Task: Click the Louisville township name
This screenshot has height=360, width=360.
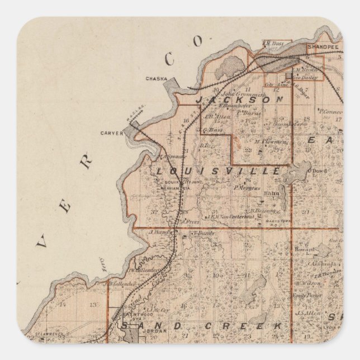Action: [x=218, y=171]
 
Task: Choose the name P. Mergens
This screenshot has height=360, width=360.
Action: [x=247, y=188]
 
